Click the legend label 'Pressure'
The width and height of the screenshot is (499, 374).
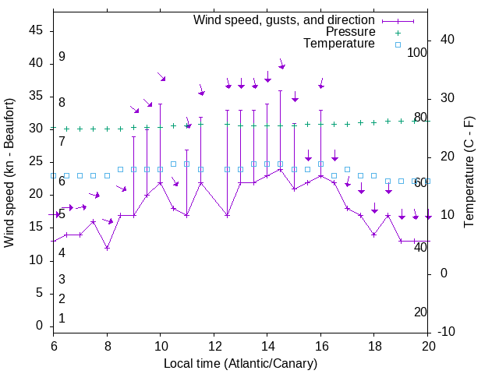[350, 32]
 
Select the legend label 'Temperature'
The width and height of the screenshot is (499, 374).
[339, 44]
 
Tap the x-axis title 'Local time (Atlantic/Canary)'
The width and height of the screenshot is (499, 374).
[240, 364]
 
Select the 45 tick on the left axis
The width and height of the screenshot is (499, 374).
[36, 30]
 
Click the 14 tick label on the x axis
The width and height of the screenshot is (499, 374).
[267, 345]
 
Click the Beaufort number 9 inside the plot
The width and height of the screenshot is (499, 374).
[62, 57]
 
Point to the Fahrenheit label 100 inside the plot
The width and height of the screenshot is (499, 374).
[418, 53]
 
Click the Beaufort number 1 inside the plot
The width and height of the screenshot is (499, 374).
[62, 319]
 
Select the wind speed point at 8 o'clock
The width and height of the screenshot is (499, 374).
[107, 248]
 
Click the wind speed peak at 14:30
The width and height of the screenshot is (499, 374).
[280, 169]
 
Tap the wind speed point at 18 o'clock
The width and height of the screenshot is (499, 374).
[374, 235]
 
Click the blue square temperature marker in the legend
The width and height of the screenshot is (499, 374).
[398, 44]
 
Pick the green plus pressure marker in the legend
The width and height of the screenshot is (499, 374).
[398, 32]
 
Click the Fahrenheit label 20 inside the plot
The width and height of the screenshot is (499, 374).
[420, 312]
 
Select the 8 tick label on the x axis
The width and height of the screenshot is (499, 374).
[107, 345]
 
